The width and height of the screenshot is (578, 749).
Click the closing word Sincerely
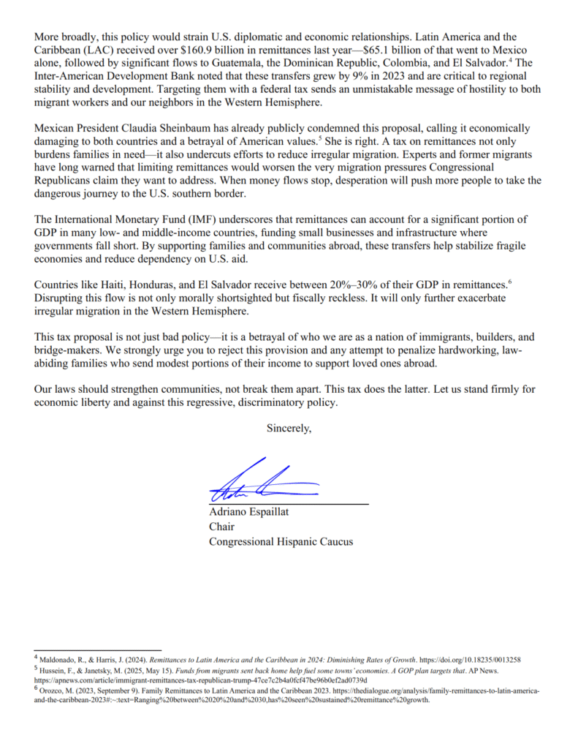289,429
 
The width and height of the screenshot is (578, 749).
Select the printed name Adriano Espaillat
249,512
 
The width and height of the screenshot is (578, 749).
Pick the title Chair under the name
221,527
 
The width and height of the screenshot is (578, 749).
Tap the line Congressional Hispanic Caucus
281,541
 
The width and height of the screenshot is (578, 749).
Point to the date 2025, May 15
139,670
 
